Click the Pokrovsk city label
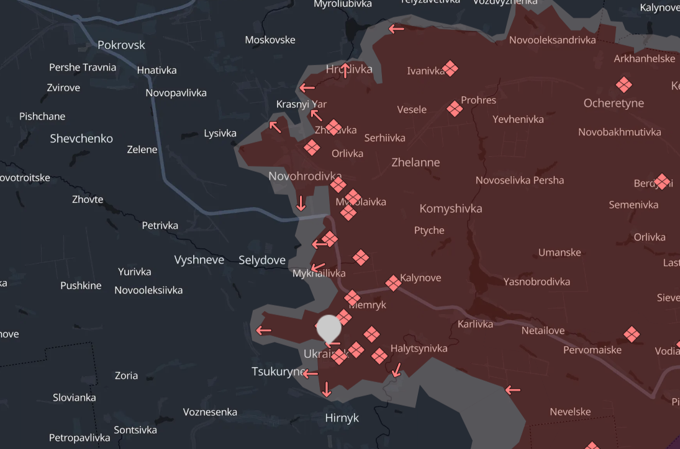[121, 45]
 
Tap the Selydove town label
[262, 260]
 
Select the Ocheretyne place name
[614, 103]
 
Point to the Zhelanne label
[415, 162]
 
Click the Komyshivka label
[451, 208]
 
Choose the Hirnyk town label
[342, 418]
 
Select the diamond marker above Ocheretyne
[623, 84]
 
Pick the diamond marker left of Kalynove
[393, 283]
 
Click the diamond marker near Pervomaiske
[632, 335]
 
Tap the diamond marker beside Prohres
[455, 109]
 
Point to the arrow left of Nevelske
[512, 390]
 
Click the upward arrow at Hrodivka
[345, 69]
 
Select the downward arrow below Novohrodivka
[301, 203]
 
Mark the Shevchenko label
[81, 138]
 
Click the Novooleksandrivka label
[552, 40]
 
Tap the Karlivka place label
[475, 324]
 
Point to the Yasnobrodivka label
[537, 282]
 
